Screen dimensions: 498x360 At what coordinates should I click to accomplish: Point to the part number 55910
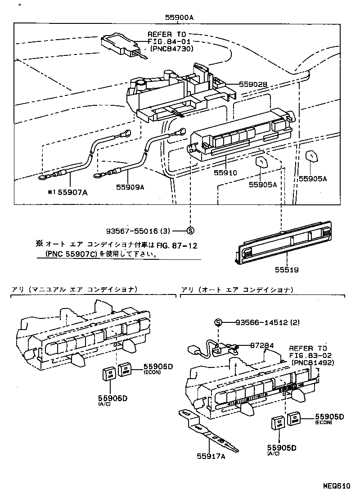click(225, 172)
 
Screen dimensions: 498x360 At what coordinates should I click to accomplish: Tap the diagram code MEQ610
click(335, 486)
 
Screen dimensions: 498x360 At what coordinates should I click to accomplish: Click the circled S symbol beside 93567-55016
click(190, 230)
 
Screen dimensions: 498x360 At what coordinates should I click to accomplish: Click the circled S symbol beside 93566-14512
click(218, 322)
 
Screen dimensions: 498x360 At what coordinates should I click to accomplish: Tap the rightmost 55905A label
click(313, 179)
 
